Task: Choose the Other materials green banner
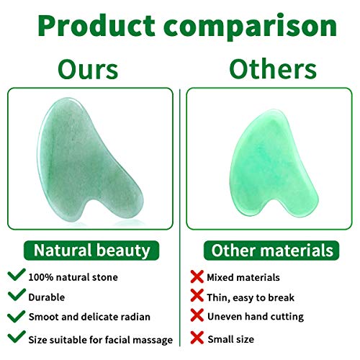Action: click(x=271, y=251)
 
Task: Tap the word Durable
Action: click(x=48, y=297)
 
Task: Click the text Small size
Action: click(x=231, y=338)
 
